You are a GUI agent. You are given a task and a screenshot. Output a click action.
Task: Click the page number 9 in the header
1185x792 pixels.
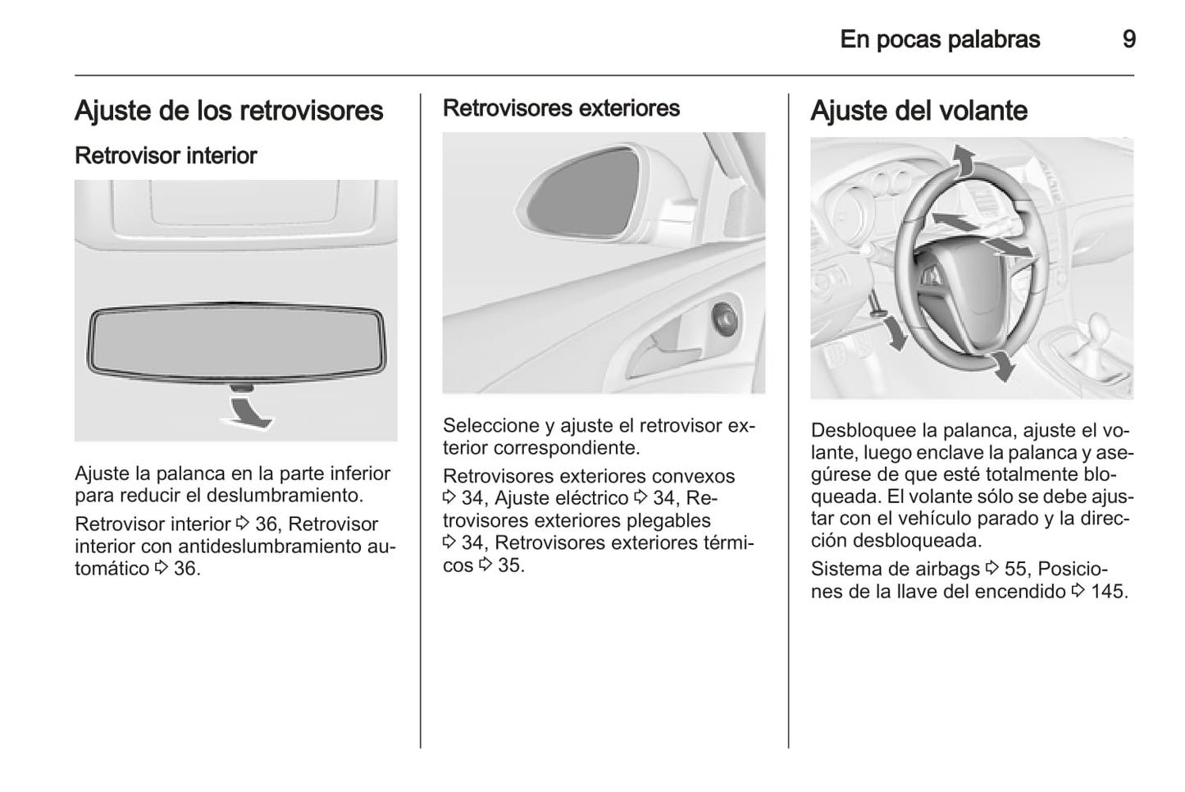click(x=1128, y=39)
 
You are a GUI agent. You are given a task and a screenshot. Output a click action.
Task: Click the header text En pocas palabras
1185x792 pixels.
click(x=940, y=39)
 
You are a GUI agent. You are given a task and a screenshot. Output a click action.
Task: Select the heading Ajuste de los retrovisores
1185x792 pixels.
click(x=229, y=111)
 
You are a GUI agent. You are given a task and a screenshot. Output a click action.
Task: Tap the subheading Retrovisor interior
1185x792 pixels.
click(x=166, y=156)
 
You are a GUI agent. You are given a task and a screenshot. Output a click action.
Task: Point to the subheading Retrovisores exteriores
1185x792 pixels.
click(x=561, y=108)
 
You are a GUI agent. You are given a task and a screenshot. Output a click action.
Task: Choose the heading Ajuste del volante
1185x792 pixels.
click(x=918, y=111)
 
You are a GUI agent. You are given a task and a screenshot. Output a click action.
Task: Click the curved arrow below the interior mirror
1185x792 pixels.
click(x=248, y=410)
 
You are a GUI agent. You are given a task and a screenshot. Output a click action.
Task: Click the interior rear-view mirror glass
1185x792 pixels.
click(x=236, y=341)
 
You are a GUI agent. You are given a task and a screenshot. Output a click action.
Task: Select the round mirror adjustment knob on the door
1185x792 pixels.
click(x=725, y=316)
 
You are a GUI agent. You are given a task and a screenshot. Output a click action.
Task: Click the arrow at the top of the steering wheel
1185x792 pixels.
click(x=964, y=160)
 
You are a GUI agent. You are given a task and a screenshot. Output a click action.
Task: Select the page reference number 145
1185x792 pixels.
click(x=1109, y=591)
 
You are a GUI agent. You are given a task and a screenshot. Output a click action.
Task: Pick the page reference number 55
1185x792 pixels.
click(x=1015, y=569)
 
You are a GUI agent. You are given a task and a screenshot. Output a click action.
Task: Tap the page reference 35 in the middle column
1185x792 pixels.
click(x=510, y=565)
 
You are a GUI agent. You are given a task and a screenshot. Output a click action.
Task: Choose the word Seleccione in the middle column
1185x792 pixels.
click(x=490, y=426)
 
